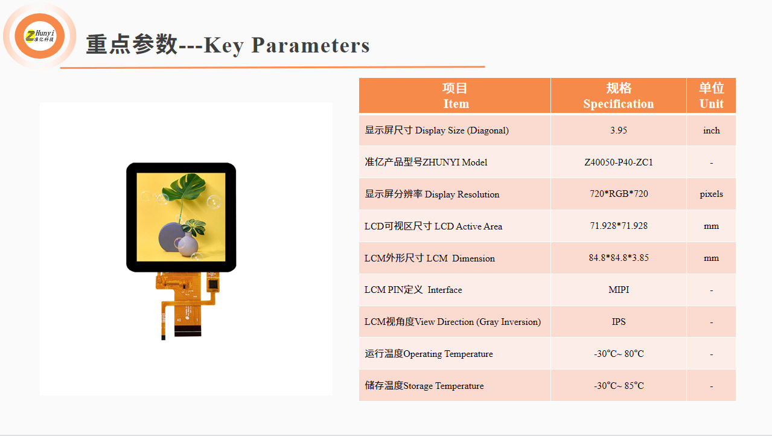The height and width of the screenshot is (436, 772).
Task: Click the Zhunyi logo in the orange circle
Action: click(40, 36)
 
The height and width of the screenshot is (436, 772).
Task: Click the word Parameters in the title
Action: click(310, 45)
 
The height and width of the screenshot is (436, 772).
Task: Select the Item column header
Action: click(455, 96)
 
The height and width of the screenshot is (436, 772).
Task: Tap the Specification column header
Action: click(619, 96)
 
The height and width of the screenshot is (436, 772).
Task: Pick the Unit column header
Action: click(712, 96)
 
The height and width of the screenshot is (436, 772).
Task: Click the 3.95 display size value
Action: click(619, 130)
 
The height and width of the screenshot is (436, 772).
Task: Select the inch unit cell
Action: click(712, 130)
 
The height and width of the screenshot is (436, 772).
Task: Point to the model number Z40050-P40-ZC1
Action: click(619, 162)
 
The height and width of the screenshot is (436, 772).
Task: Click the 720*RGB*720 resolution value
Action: click(619, 194)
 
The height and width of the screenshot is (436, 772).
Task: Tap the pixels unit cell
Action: click(712, 194)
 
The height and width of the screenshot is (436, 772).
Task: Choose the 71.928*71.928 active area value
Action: click(619, 226)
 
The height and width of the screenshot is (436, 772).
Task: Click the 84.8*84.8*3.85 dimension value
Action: click(619, 258)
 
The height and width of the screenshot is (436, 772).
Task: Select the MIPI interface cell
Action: click(619, 290)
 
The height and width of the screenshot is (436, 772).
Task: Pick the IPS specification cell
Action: click(619, 322)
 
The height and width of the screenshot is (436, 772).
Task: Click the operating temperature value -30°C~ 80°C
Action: click(619, 353)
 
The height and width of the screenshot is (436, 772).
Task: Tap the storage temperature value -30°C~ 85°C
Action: click(619, 386)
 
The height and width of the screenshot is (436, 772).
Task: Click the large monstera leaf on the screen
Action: click(184, 187)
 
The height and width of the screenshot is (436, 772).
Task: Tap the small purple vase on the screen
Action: click(188, 244)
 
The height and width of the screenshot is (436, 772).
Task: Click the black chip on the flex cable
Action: click(213, 284)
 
